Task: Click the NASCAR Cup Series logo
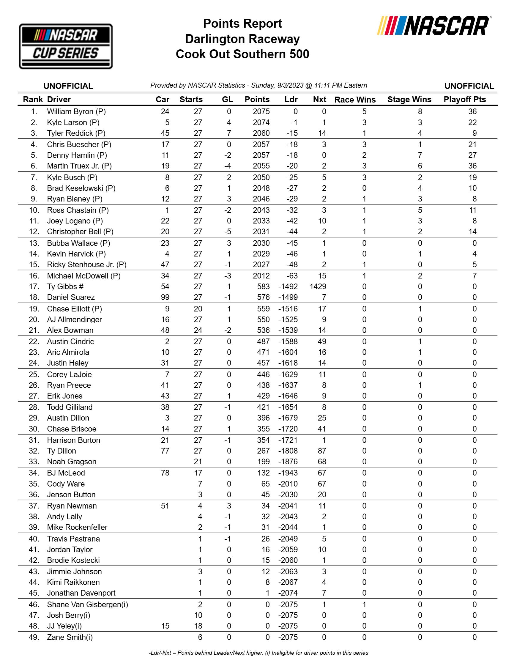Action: [x=66, y=46]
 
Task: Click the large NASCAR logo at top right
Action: [x=434, y=26]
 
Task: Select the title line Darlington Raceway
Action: [x=242, y=39]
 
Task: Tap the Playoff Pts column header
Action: [x=464, y=100]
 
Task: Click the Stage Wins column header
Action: [x=409, y=100]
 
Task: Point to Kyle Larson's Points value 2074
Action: [x=261, y=122]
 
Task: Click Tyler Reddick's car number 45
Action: [x=165, y=133]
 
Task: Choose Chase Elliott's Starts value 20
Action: [x=198, y=309]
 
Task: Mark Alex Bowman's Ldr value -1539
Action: [x=288, y=330]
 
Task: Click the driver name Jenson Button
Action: [x=71, y=495]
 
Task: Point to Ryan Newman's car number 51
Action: [x=165, y=506]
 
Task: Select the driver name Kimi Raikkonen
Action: [x=73, y=582]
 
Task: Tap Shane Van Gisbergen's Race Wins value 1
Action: [x=364, y=605]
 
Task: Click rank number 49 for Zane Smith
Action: [x=34, y=637]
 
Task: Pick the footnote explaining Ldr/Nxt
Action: [x=258, y=653]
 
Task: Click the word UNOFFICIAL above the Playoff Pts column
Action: [x=469, y=86]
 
